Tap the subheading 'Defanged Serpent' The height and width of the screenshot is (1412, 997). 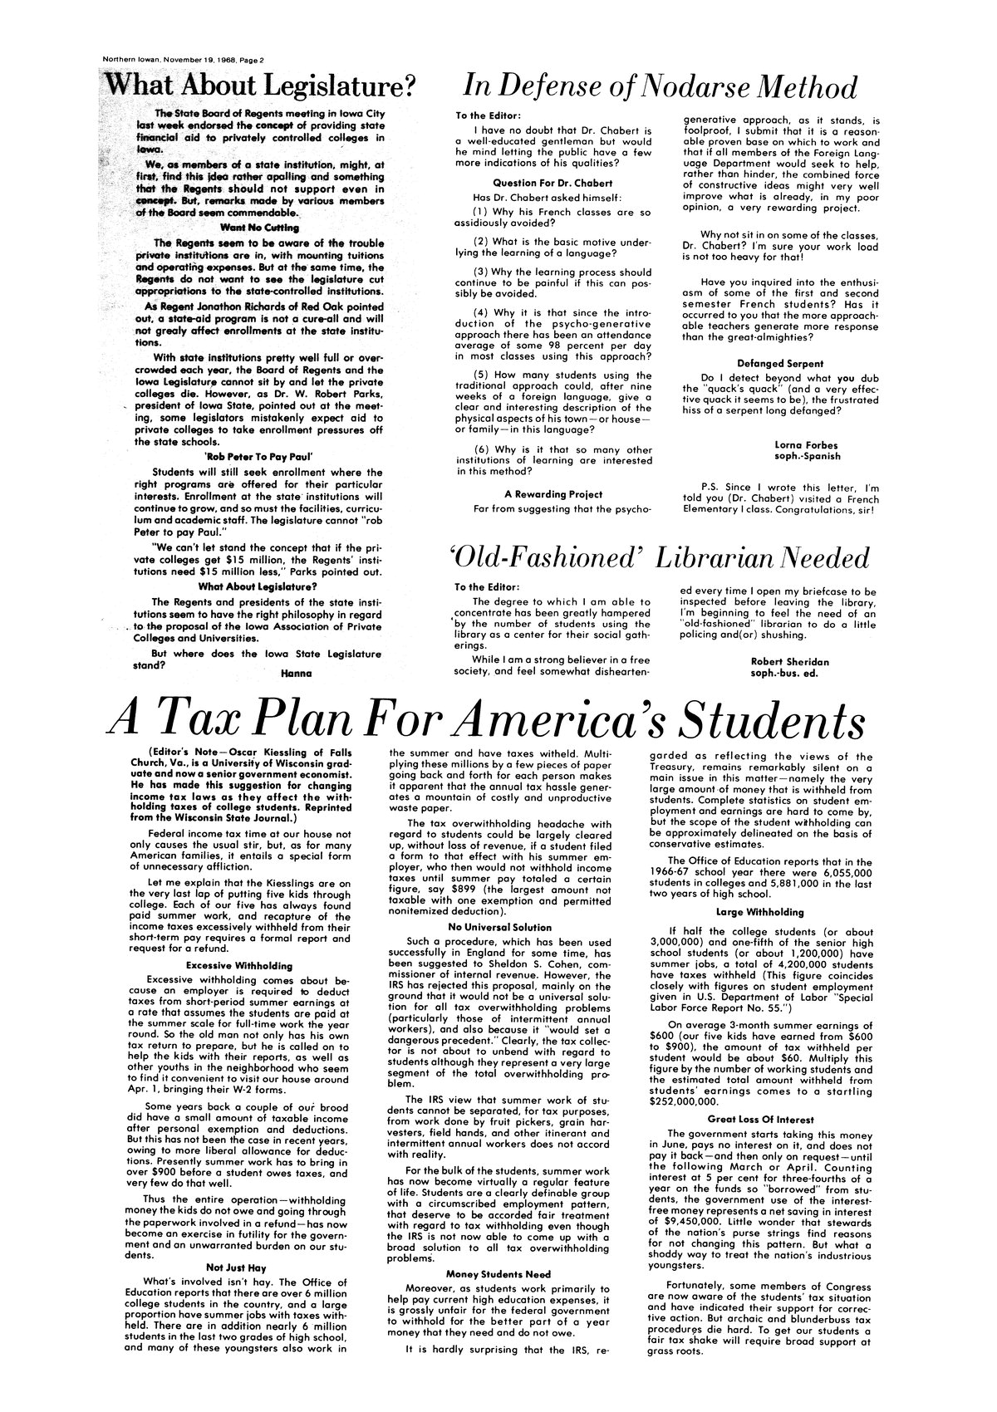(779, 363)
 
